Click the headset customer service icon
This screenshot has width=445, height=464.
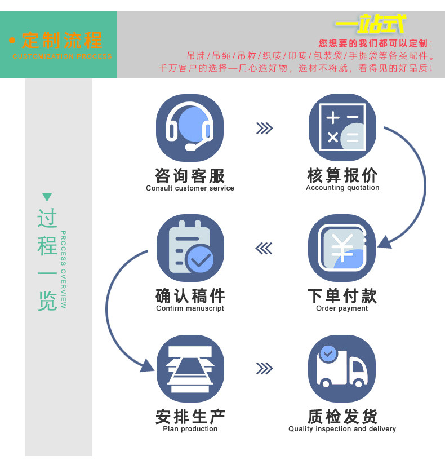coord(190,127)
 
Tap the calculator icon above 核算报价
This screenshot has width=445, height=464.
coord(342,127)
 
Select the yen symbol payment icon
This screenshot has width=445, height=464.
coord(342,248)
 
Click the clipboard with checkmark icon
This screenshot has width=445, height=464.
coord(190,248)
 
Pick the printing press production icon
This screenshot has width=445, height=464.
coord(190,368)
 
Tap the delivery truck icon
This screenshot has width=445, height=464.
coord(342,368)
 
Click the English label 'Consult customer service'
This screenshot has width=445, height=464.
coord(190,188)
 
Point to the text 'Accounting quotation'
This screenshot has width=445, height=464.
coord(342,188)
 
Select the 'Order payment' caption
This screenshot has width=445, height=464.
coord(342,308)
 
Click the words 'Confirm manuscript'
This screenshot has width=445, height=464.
coord(190,308)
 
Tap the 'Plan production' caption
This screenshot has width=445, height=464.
coord(190,429)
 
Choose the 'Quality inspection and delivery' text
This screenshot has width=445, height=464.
coord(342,429)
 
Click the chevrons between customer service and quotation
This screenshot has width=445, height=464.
coord(264,129)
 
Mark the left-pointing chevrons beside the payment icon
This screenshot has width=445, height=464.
coord(264,248)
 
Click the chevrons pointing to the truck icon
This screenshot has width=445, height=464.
coord(264,369)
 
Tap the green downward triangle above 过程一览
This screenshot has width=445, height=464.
coord(47,197)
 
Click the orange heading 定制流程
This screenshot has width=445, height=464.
coord(62,41)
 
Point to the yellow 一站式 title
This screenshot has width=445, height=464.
coord(370,24)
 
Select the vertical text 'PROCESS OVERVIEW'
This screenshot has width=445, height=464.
coord(64,269)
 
